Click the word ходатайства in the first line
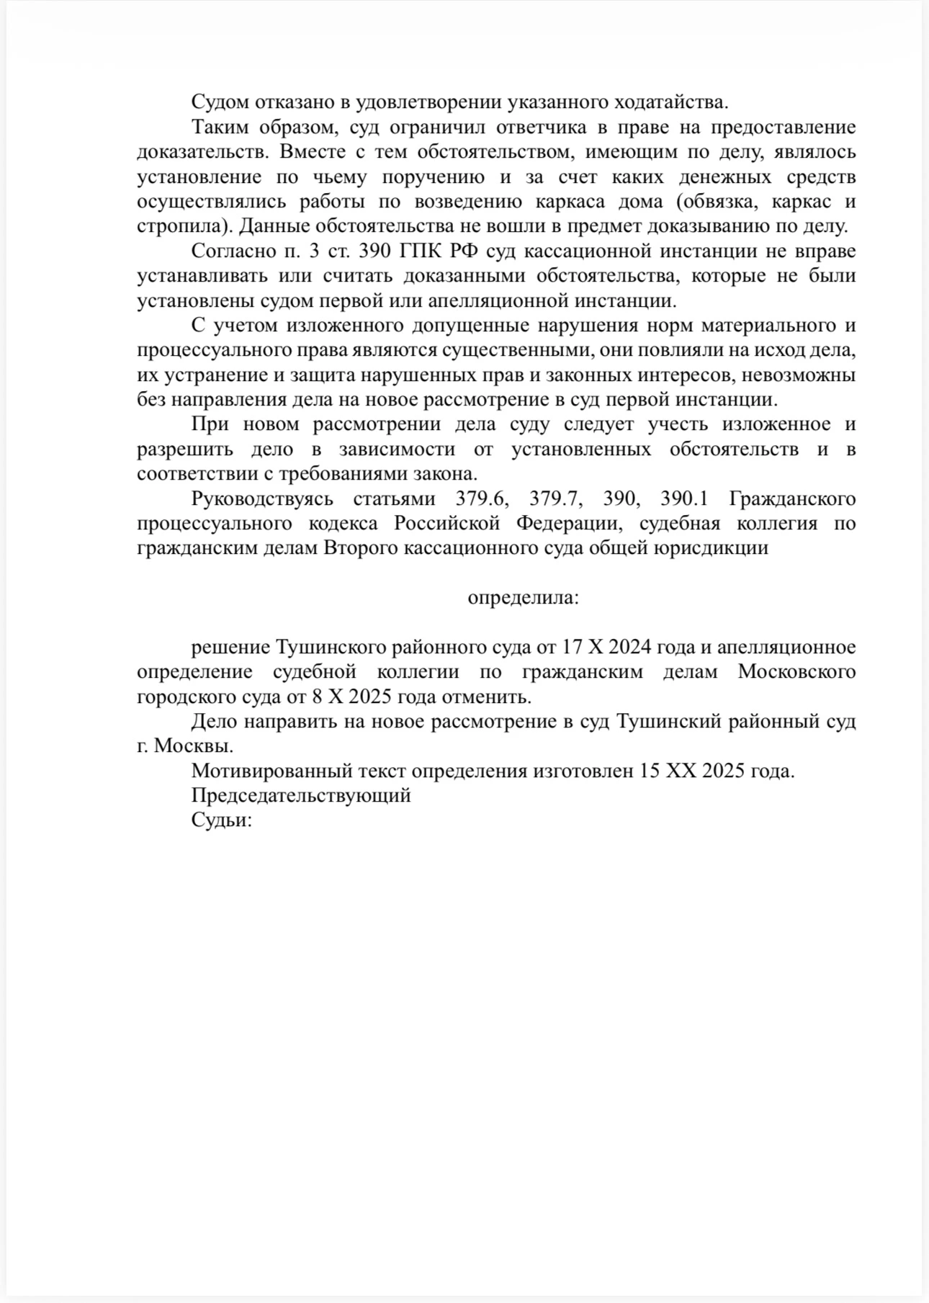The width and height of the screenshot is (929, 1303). click(x=667, y=102)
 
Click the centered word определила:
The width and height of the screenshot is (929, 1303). click(x=524, y=598)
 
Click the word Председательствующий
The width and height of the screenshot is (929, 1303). click(x=301, y=796)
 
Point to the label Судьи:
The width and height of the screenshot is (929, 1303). click(x=221, y=820)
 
